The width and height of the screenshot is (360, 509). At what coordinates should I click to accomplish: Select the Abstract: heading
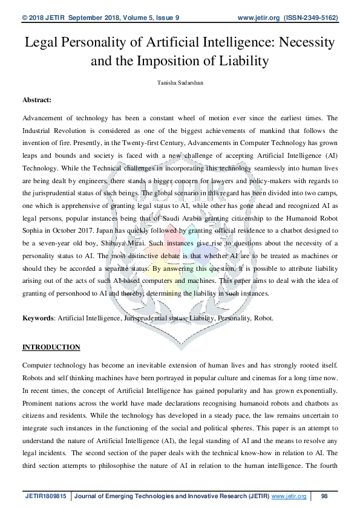coord(37,99)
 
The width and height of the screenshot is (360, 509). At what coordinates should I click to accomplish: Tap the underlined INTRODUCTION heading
coord(51,347)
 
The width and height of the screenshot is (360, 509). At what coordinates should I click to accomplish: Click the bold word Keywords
coord(38,318)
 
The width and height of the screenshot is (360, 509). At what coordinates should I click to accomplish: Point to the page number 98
coord(324,496)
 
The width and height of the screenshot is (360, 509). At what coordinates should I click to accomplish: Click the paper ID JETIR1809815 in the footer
coord(45,496)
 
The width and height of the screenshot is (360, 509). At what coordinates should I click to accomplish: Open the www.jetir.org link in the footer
coord(289,496)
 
